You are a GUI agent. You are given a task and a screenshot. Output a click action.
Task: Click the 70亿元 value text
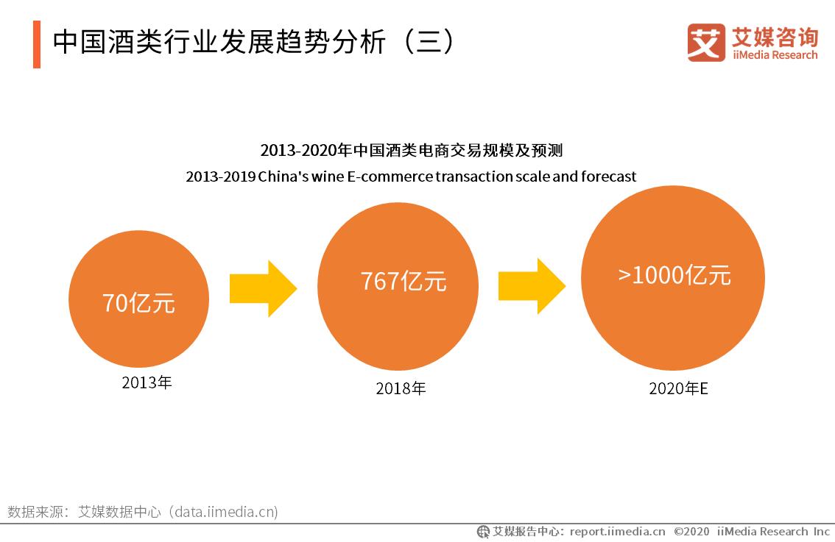(138, 302)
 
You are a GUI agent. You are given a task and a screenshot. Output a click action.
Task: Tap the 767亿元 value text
(403, 281)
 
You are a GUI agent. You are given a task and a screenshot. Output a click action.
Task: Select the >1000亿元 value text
(674, 275)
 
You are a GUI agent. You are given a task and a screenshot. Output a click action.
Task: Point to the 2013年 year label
(147, 382)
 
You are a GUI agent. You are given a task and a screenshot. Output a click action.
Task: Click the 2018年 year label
(401, 388)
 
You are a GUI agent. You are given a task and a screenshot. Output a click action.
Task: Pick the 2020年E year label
(677, 388)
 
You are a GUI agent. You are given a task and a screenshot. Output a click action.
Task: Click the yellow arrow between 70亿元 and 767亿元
(263, 288)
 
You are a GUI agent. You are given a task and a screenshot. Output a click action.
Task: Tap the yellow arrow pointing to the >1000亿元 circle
(531, 286)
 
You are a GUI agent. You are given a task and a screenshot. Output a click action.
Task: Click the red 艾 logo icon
(705, 42)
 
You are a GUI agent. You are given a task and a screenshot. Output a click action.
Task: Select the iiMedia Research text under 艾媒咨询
(775, 55)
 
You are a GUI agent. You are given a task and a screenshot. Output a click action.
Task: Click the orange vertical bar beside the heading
(37, 44)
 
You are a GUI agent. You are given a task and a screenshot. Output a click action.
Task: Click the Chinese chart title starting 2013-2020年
(411, 151)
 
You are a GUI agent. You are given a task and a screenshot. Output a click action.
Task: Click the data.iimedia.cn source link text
(224, 512)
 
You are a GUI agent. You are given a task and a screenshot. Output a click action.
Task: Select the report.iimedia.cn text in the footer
(617, 532)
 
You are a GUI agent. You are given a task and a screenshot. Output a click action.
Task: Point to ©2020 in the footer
(691, 532)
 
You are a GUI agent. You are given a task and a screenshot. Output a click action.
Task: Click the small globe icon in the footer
(483, 532)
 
